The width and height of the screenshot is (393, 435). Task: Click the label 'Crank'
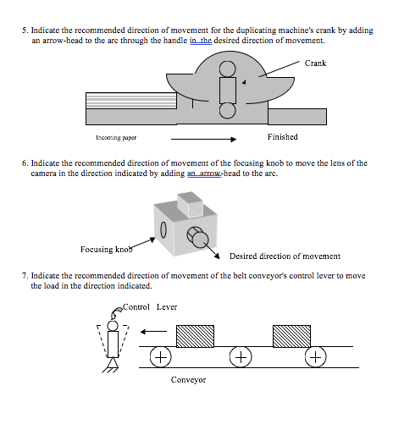coord(315,63)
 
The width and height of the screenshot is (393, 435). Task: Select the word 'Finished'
coord(282,136)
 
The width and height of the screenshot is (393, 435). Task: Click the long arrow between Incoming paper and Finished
coord(202,137)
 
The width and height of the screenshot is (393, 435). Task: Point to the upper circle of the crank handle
coord(227,69)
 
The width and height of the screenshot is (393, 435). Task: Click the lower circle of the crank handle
coord(227,110)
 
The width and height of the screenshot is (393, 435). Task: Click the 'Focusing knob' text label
coord(107,250)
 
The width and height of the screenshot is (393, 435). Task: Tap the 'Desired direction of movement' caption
coord(285,256)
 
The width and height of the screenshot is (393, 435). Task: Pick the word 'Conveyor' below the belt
coord(188,379)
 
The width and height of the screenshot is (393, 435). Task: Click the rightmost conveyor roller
coord(316,356)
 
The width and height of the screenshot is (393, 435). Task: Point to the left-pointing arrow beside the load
coord(153,333)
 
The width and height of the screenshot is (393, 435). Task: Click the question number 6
coord(25,162)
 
